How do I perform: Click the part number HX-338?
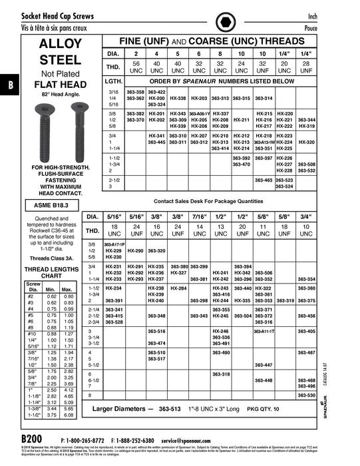[x=178, y=98]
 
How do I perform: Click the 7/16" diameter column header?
[x=199, y=218]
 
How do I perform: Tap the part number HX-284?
[x=178, y=288]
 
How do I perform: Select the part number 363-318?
[x=221, y=374]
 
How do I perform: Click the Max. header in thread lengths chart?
[x=67, y=290]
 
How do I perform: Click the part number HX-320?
[x=307, y=142]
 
